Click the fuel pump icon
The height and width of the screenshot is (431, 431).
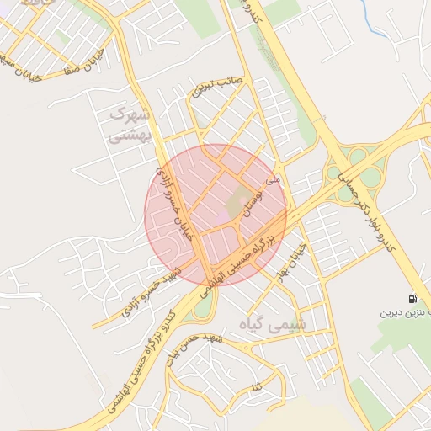click(412, 299)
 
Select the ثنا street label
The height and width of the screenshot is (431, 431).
click(254, 386)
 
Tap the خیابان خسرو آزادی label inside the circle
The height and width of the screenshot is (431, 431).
click(178, 203)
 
